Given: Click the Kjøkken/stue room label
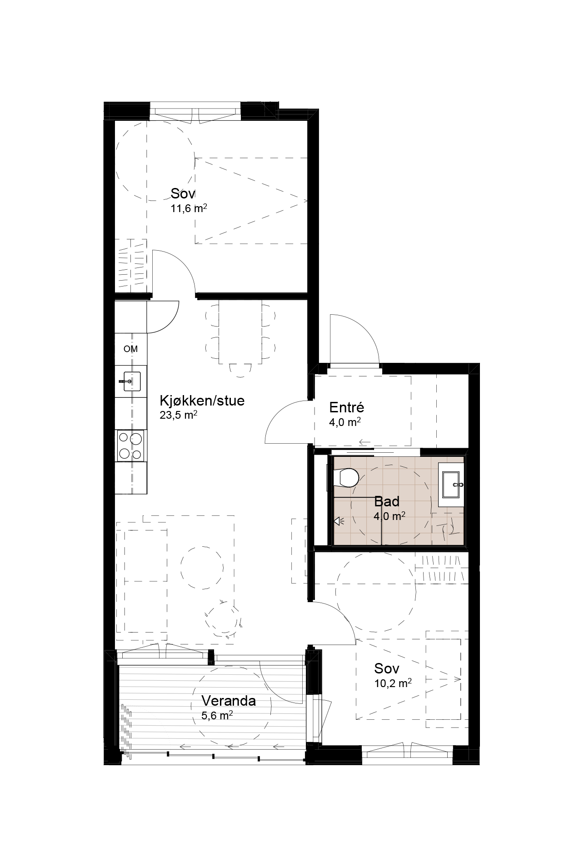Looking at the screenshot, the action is click(202, 401).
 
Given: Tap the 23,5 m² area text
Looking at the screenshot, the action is click(178, 415).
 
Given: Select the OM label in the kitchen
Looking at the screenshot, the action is click(130, 349).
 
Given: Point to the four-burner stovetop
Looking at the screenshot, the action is click(131, 445).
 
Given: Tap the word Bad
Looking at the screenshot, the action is click(387, 502).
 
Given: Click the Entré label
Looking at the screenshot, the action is click(347, 407).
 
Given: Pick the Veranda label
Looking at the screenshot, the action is click(229, 701).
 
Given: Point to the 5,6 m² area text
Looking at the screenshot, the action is click(217, 716).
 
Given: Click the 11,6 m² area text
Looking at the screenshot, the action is click(189, 208).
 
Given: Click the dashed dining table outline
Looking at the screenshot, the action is click(241, 332).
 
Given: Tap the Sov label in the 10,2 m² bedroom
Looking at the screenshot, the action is click(387, 668).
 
